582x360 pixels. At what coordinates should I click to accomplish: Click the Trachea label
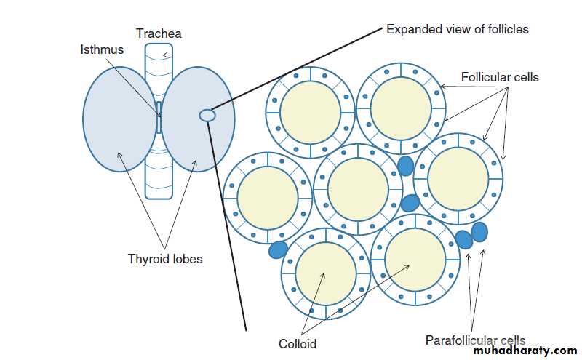pos(159,33)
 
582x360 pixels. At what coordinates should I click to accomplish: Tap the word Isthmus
pos(101,49)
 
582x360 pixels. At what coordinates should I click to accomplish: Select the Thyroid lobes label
pos(165,259)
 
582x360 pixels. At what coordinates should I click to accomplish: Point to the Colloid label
pos(298,343)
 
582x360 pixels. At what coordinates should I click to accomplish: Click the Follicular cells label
pos(500,76)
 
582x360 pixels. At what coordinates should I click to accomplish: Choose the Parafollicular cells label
pos(475,340)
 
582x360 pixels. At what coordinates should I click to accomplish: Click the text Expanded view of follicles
pos(457,30)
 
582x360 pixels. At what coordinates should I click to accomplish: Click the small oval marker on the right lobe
pos(207,114)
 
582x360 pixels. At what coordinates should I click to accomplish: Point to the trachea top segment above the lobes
pos(159,55)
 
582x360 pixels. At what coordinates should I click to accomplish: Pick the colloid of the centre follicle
pos(358,188)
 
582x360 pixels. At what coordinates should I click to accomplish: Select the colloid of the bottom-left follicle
pos(326,272)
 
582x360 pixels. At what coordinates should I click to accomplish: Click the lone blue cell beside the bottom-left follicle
pos(278,250)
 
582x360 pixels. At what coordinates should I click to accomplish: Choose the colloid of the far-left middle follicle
pos(267,197)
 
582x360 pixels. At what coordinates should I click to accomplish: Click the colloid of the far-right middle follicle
pos(458,179)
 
